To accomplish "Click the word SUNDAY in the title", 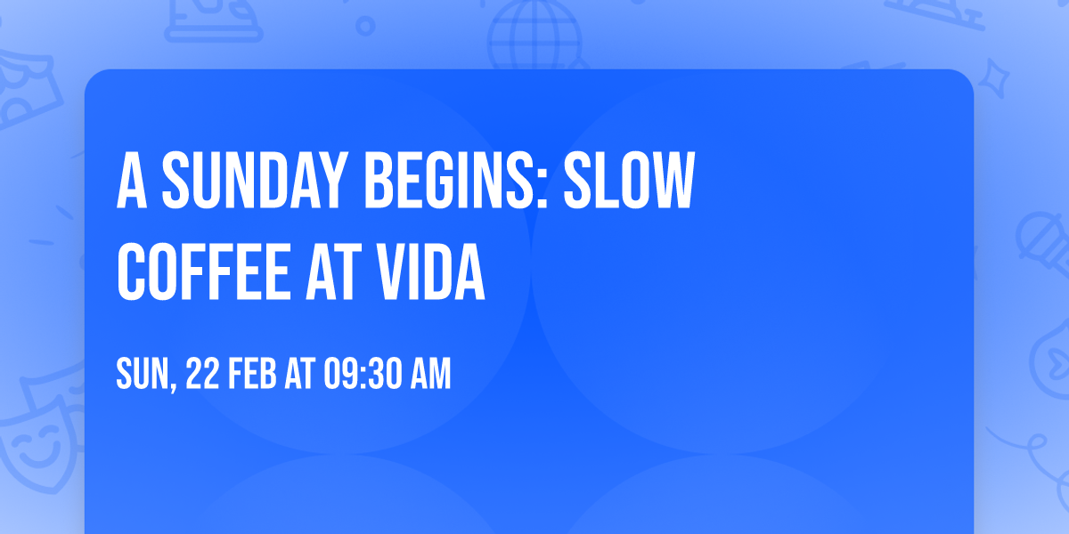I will click(x=250, y=181).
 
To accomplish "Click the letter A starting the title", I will click(x=132, y=181).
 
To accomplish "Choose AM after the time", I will click(x=429, y=376).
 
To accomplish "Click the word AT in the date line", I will click(x=299, y=376).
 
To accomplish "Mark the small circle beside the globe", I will click(x=366, y=27).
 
